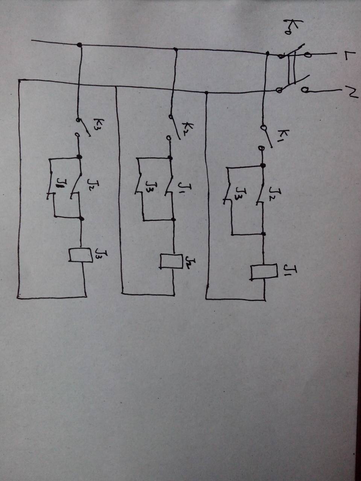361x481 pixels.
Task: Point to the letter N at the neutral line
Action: [x=350, y=91]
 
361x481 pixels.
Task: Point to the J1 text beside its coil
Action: [x=289, y=270]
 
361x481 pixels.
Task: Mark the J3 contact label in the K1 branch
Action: [x=240, y=193]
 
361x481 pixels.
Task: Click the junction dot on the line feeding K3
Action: [x=79, y=45]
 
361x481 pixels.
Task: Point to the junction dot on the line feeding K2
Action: [x=175, y=49]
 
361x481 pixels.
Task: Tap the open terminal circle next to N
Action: [x=304, y=90]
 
